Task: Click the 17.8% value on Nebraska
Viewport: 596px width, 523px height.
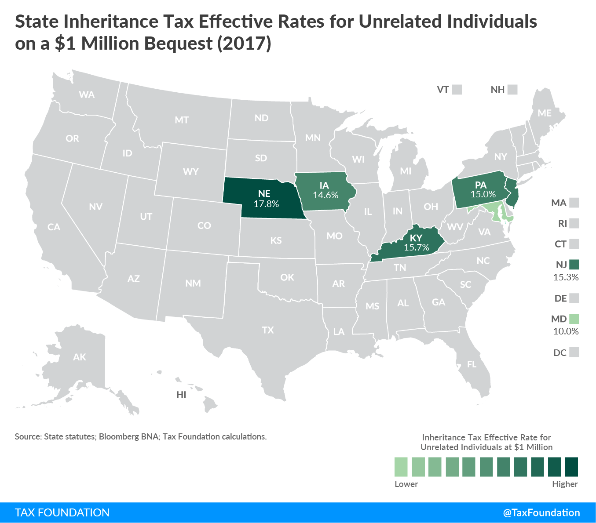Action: [x=266, y=204]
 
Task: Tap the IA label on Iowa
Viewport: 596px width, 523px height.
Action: [x=324, y=185]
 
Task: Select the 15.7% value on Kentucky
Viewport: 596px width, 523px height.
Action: [x=416, y=247]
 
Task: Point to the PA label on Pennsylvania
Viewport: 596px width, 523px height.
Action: [x=481, y=185]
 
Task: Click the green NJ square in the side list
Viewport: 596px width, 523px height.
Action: [x=574, y=264]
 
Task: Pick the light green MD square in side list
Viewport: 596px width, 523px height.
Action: [x=574, y=319]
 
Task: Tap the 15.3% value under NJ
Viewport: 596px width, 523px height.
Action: [x=566, y=277]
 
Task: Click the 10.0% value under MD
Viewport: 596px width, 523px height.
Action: [x=566, y=331]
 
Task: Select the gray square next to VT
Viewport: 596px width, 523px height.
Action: [x=457, y=90]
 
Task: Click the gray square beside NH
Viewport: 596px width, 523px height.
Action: [x=512, y=90]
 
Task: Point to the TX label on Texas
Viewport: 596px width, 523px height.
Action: [x=268, y=330]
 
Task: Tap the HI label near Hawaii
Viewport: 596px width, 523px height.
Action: [x=181, y=395]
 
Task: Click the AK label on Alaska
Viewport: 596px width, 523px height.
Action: [x=80, y=357]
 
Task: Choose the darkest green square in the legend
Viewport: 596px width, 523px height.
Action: [x=571, y=467]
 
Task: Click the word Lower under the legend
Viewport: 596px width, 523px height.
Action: [x=406, y=484]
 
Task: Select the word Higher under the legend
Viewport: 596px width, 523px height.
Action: [x=565, y=484]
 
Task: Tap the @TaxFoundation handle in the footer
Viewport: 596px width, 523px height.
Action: [x=541, y=512]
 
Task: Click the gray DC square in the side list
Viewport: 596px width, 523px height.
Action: [x=574, y=352]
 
